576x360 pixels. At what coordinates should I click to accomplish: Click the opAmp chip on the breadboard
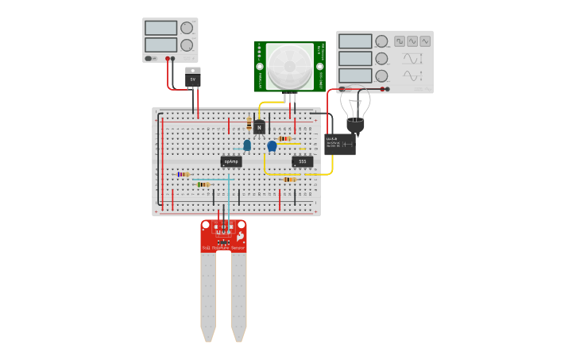point(231,161)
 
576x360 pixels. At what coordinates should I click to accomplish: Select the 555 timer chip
point(302,161)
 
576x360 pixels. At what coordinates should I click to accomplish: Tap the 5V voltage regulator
point(192,79)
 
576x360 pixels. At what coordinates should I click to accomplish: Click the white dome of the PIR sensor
point(289,66)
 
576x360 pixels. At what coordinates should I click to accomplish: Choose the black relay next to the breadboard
point(339,144)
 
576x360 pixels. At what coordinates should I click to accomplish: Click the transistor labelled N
point(259,127)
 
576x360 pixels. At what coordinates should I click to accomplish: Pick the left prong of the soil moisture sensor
point(208,294)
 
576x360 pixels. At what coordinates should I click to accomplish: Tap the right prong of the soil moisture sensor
point(238,294)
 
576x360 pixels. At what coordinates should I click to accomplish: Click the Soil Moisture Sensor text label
point(223,248)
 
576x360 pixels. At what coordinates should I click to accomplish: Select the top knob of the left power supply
point(187,28)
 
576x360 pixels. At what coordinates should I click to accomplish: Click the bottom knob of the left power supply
point(187,45)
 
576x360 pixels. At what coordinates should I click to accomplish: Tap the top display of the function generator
point(355,41)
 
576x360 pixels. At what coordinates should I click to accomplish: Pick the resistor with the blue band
point(184,174)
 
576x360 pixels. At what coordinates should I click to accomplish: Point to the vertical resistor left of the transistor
point(249,124)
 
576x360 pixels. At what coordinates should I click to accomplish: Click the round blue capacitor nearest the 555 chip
point(272,145)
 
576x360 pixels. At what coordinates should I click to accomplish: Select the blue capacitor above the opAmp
point(247,145)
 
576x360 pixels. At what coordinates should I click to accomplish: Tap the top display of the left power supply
point(161,28)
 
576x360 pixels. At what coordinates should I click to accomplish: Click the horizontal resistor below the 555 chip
point(289,180)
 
